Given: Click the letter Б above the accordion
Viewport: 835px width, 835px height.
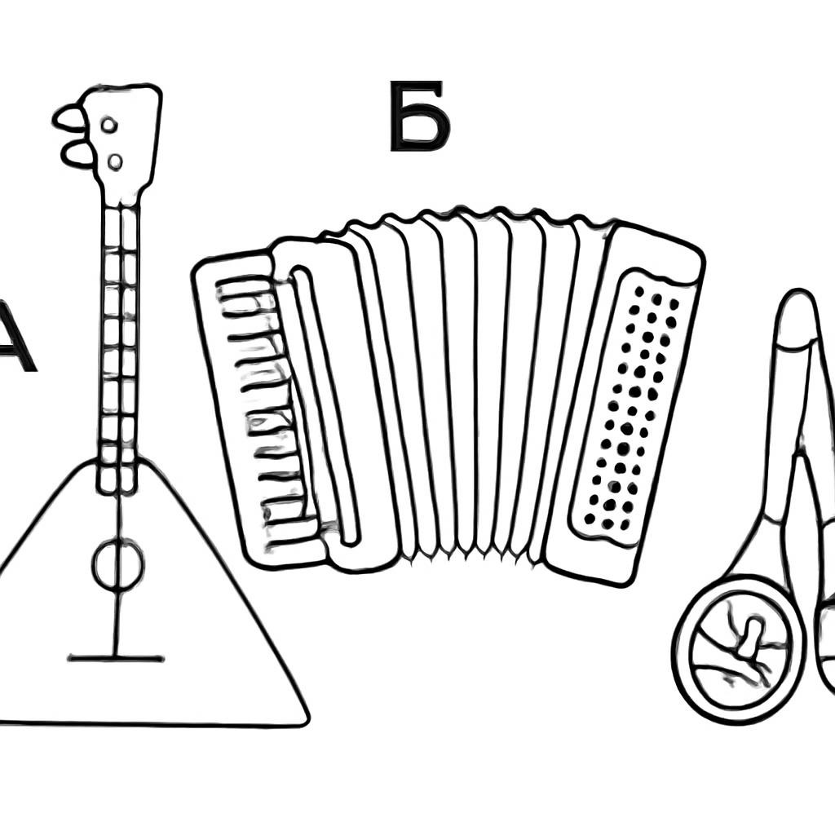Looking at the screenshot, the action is (x=420, y=116).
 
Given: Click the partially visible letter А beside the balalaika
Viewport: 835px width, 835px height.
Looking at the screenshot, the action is (x=15, y=336).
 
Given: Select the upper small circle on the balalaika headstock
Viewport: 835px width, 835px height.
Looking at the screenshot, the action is (x=109, y=125).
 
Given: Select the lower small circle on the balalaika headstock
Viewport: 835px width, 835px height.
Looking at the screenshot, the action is (x=115, y=161).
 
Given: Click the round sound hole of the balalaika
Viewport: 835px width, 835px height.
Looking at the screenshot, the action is (x=118, y=564).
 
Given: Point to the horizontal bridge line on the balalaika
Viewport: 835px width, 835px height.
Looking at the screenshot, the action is (x=116, y=659).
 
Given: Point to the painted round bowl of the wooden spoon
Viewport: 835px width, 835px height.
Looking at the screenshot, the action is (x=740, y=651).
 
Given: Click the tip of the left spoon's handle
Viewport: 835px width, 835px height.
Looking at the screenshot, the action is (x=797, y=295).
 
